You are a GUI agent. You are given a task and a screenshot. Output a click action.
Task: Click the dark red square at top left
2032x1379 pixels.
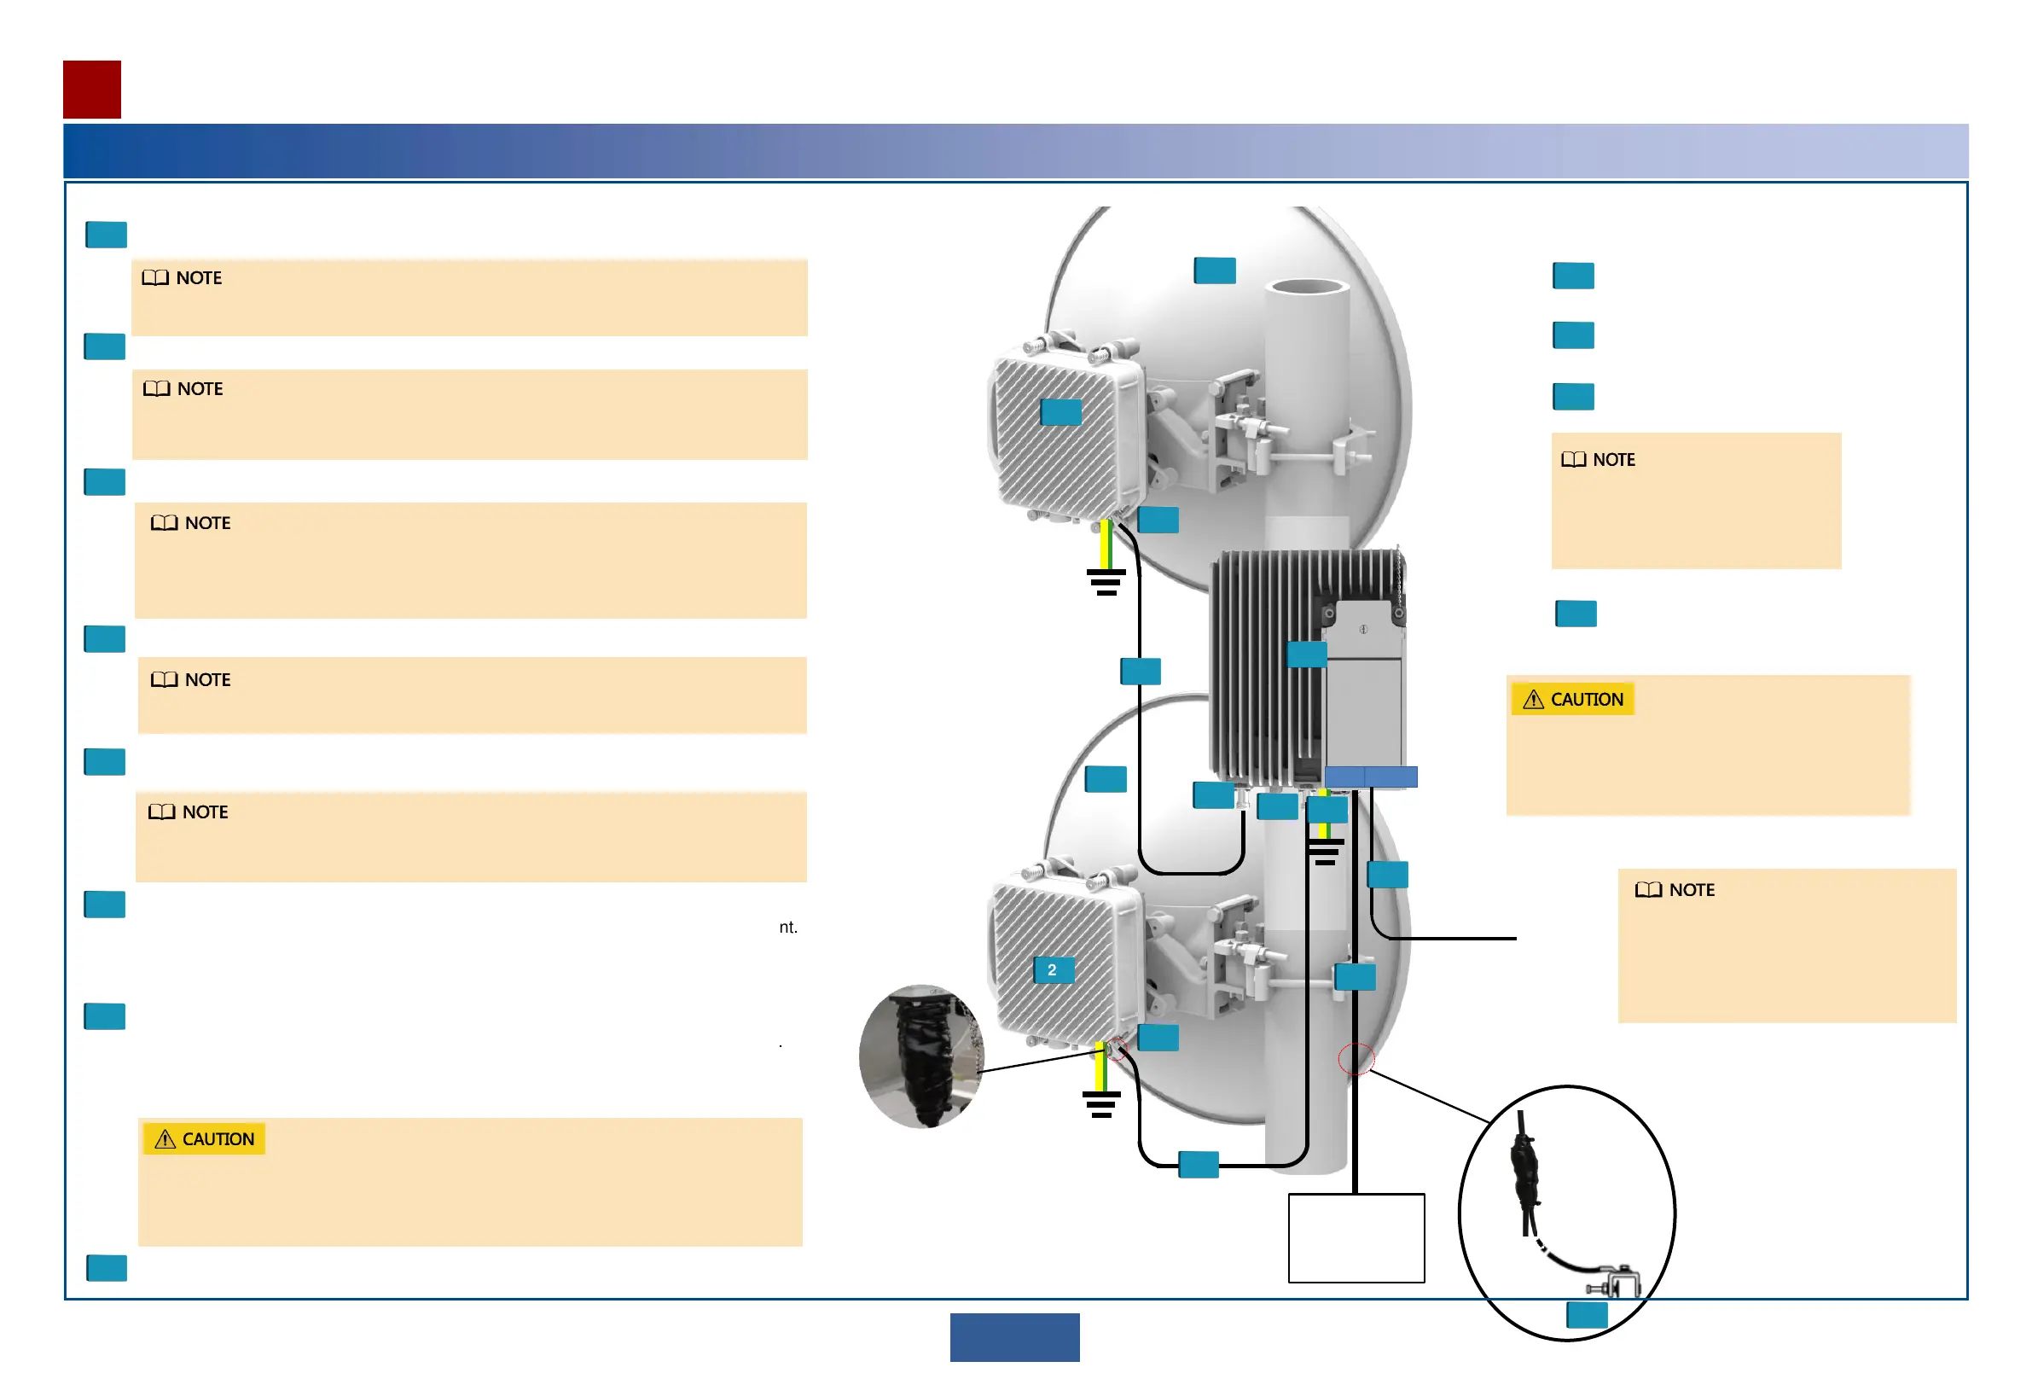coord(92,90)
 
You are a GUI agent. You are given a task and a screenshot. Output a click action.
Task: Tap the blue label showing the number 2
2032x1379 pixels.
coord(1053,970)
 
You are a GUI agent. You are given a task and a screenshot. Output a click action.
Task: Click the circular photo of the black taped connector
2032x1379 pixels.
coord(920,1056)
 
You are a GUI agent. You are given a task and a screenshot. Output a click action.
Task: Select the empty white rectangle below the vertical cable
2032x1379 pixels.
coord(1356,1238)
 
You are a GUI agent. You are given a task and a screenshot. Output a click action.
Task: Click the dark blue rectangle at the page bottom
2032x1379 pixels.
coord(1014,1337)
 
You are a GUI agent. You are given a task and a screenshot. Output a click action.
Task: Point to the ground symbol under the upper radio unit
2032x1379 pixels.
coord(1106,581)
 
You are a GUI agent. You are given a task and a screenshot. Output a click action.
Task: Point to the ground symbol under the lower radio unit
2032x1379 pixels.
coord(1101,1104)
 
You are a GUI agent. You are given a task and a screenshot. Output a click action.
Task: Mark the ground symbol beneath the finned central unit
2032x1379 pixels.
coord(1326,852)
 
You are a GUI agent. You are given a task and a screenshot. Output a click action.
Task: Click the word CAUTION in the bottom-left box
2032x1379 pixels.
coord(218,1139)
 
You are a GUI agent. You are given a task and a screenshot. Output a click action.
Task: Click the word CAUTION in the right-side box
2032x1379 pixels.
coord(1586,700)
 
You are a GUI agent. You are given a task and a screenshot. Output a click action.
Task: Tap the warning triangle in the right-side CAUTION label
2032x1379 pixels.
coord(1533,700)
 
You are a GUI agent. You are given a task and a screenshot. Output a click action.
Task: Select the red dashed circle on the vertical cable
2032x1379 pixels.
coord(1356,1060)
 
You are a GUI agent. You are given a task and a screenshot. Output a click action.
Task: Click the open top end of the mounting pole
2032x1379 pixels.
coord(1308,288)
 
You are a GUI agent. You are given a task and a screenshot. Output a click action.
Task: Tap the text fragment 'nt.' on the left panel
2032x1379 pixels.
coord(787,928)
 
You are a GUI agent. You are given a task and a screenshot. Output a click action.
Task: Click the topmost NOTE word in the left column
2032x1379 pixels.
coord(199,278)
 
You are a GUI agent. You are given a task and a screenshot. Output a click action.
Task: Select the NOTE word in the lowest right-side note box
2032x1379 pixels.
coord(1691,890)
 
